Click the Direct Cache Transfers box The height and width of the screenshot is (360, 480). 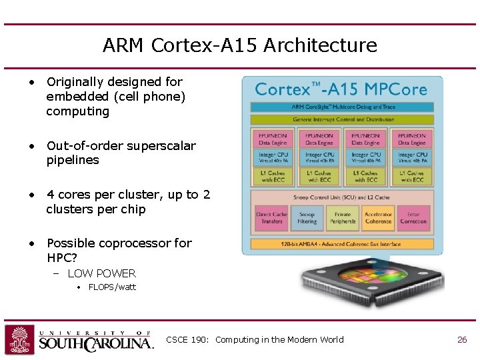coord(271,218)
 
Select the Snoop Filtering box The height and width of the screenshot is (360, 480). coord(307,218)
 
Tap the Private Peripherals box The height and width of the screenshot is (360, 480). coord(343,218)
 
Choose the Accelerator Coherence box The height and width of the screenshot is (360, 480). coord(378,218)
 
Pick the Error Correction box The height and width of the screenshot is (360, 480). coord(413,218)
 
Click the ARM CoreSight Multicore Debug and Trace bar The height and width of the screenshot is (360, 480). coord(342,107)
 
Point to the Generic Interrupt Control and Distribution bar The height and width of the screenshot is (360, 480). coord(342,119)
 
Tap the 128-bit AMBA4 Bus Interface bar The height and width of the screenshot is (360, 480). coord(342,244)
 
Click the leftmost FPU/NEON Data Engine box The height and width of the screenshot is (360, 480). coord(272,139)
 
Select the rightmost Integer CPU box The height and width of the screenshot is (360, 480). coord(411,158)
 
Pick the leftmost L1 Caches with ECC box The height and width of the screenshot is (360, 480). coord(272,176)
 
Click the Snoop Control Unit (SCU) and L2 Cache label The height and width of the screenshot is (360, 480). coord(342,197)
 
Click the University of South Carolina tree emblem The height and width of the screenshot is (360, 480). coord(20,339)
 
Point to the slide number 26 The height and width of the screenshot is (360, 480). coord(462,340)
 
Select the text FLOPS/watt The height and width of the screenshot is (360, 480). coord(112,287)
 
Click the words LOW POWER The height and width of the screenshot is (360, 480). coord(101,273)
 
